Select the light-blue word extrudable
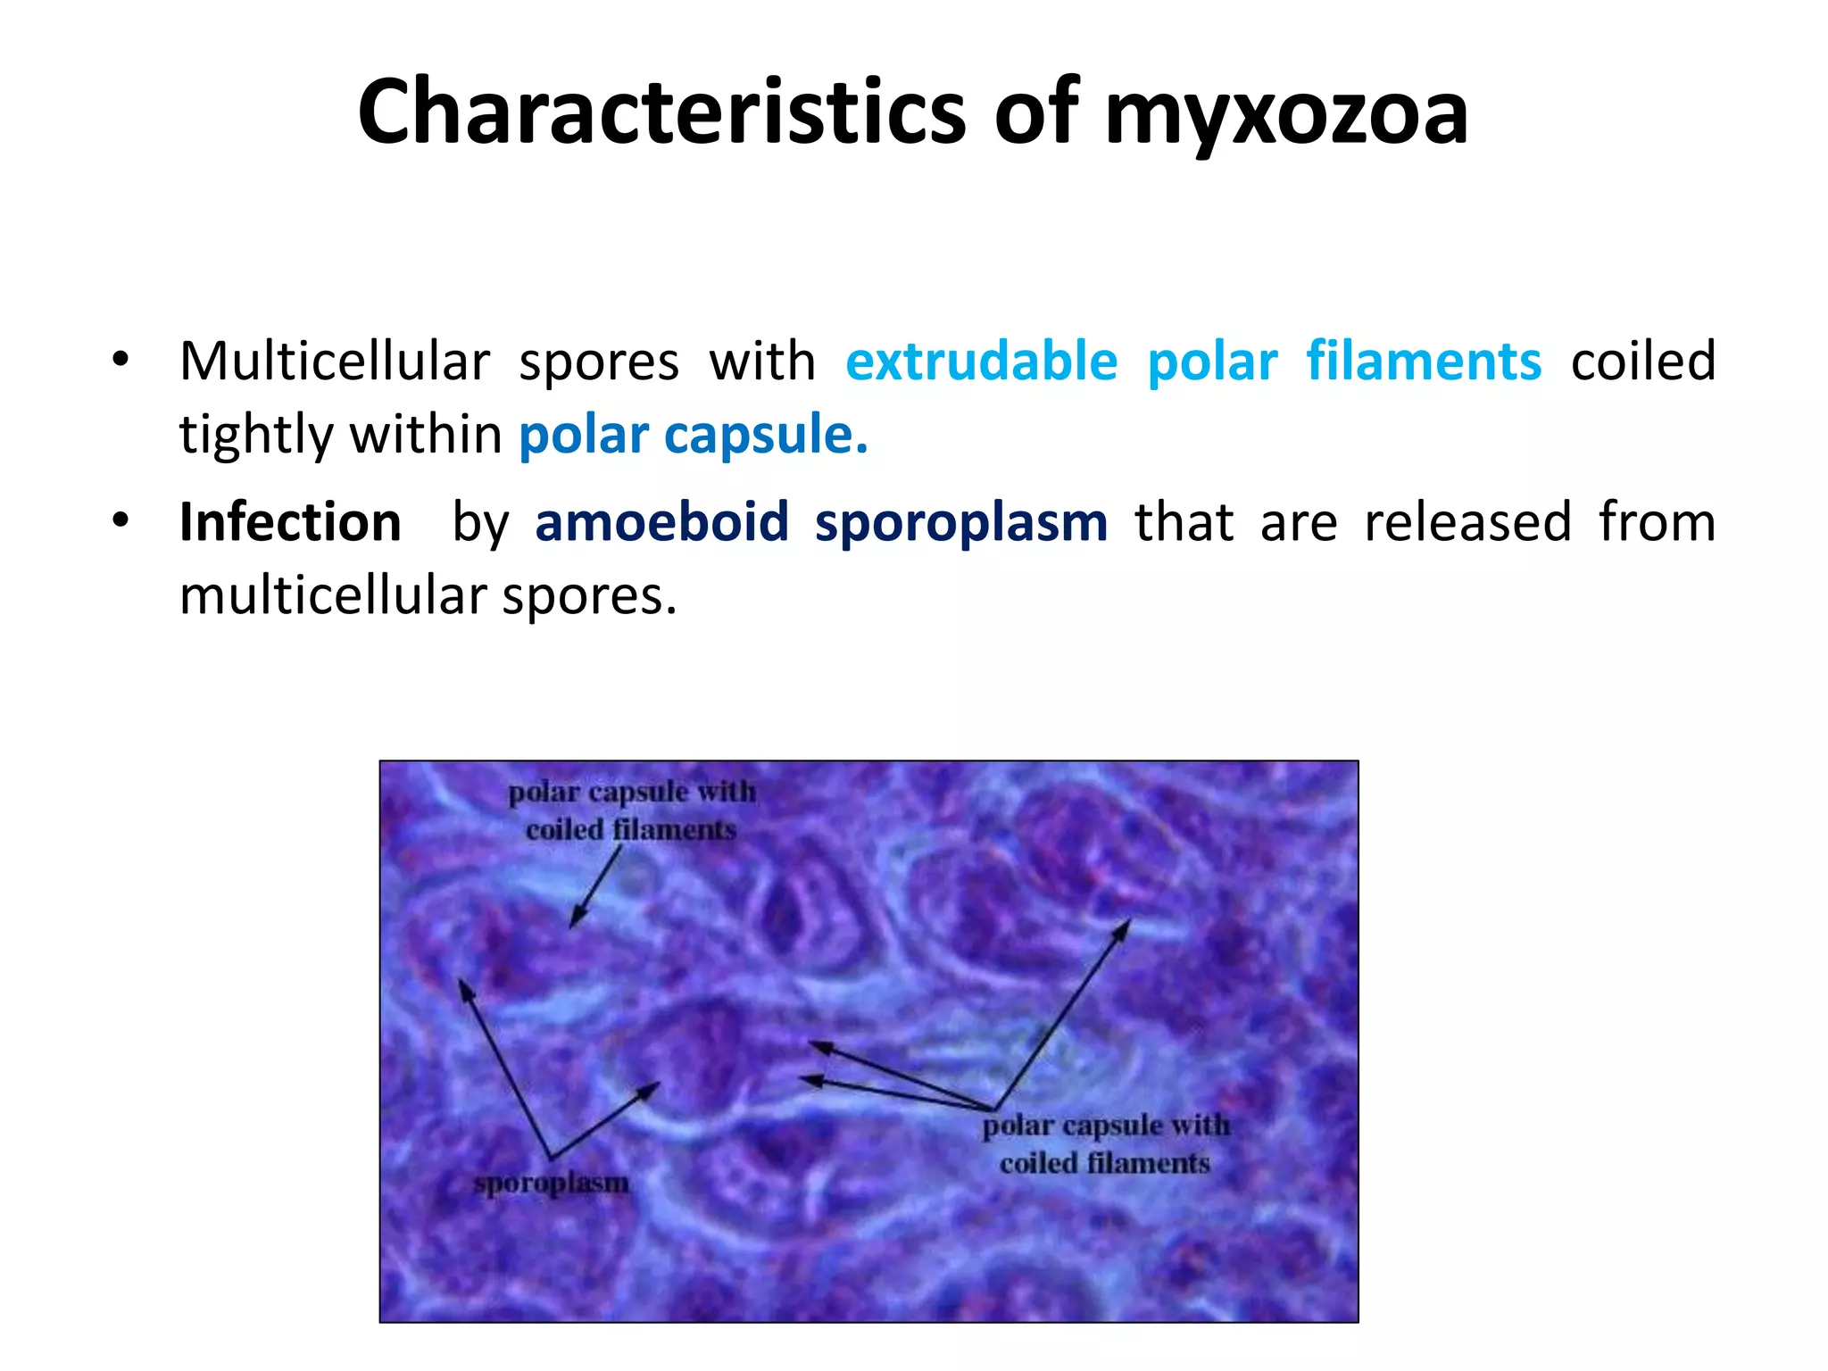click(981, 361)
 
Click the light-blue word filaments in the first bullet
click(1424, 361)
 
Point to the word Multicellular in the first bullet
click(335, 361)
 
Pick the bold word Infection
click(290, 522)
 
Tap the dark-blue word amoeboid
click(661, 522)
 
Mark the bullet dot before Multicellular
click(120, 360)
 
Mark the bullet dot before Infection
click(120, 519)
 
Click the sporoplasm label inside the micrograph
click(551, 1184)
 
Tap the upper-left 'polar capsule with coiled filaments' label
click(631, 810)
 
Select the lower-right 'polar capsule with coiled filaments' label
click(1105, 1144)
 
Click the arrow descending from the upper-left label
click(594, 887)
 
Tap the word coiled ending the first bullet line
click(1642, 361)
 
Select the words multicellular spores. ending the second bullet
click(428, 596)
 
